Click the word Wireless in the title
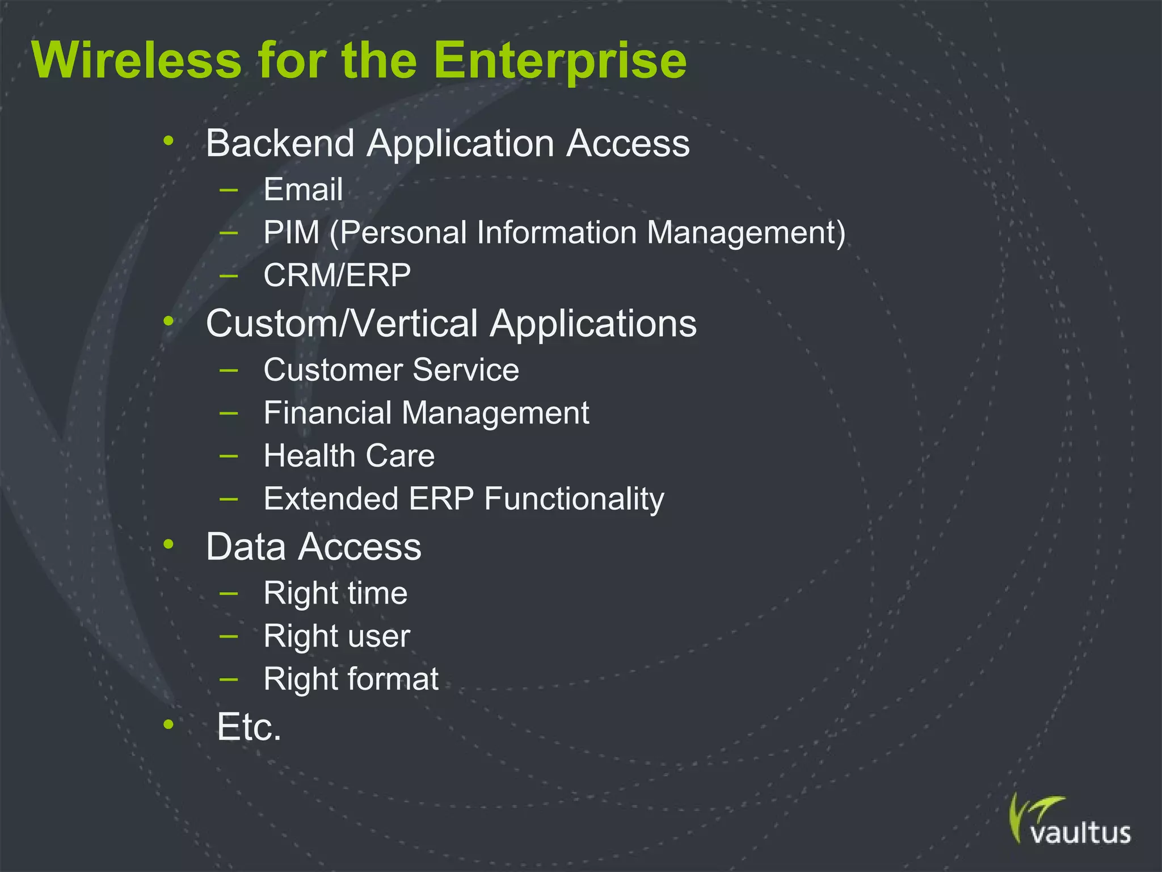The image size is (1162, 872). pyautogui.click(x=137, y=60)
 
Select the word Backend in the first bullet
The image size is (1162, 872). pyautogui.click(x=280, y=143)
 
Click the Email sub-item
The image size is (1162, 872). pyautogui.click(x=303, y=190)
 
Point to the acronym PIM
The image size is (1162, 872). pyautogui.click(x=291, y=233)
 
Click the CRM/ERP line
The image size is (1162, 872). pyautogui.click(x=337, y=276)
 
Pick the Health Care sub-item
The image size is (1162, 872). pyautogui.click(x=349, y=456)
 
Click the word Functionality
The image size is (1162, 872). pyautogui.click(x=574, y=500)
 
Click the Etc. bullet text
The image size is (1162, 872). pyautogui.click(x=249, y=727)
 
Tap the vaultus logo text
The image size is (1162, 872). pyautogui.click(x=1080, y=833)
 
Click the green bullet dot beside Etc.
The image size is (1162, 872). pyautogui.click(x=169, y=724)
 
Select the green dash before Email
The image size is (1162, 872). pyautogui.click(x=229, y=189)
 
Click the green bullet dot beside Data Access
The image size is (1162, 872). pyautogui.click(x=169, y=544)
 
